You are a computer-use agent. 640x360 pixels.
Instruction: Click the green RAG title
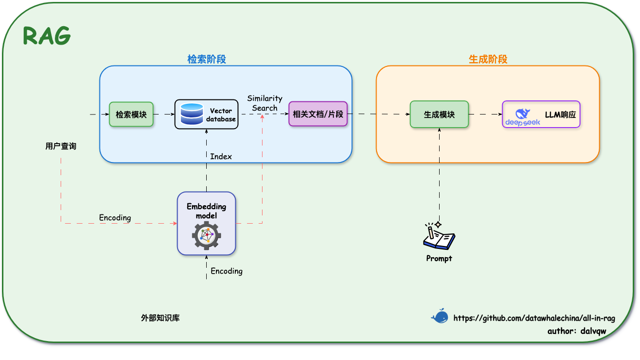click(47, 35)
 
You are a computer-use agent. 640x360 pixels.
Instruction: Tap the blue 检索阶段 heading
click(207, 59)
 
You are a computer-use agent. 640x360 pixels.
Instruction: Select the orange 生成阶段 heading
click(488, 59)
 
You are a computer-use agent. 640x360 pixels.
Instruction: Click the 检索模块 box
click(131, 115)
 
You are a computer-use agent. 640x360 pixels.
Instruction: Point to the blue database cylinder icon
click(192, 114)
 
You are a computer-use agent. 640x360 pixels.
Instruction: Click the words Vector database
click(221, 115)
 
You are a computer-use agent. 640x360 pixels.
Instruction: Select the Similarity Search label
click(265, 103)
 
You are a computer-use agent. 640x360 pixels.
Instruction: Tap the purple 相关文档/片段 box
click(318, 114)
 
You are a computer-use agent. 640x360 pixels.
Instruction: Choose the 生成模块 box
click(439, 115)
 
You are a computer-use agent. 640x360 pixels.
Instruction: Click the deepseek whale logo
click(523, 117)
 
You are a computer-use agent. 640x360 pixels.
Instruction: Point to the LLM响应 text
click(560, 115)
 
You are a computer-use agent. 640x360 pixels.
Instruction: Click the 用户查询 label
click(61, 147)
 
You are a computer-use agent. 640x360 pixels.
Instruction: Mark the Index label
click(221, 157)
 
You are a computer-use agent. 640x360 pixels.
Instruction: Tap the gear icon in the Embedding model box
click(206, 235)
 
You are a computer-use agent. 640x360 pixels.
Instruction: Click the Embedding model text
click(206, 211)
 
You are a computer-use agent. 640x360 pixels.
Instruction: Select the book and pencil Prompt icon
click(439, 236)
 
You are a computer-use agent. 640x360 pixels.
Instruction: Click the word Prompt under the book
click(439, 259)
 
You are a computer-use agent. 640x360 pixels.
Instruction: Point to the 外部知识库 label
click(160, 318)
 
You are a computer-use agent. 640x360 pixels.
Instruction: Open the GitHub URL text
click(534, 318)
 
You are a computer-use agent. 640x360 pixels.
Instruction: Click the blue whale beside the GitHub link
click(440, 316)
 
